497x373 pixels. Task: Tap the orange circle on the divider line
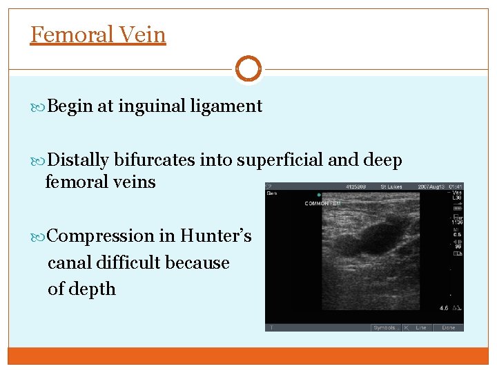[x=248, y=69]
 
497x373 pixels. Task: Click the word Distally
[x=79, y=160]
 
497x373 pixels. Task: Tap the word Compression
[x=101, y=236]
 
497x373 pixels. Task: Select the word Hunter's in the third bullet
[x=216, y=236]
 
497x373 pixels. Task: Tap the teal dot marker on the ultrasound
[x=319, y=195]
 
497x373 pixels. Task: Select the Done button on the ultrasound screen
[x=449, y=327]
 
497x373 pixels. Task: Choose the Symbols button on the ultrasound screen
[x=384, y=327]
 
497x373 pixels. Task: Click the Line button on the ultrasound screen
[x=420, y=327]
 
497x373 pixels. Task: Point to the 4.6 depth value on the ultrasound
[x=444, y=308]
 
